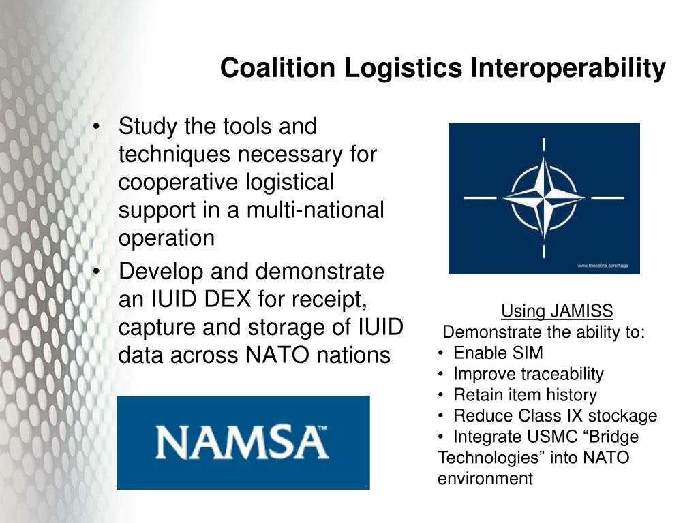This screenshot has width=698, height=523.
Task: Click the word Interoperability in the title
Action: click(567, 68)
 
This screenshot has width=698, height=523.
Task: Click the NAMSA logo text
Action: click(241, 442)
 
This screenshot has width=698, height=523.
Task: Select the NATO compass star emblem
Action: click(543, 197)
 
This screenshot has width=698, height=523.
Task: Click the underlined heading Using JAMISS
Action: click(557, 311)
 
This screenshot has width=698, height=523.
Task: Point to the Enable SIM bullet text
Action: click(498, 353)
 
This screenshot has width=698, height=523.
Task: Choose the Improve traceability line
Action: click(528, 374)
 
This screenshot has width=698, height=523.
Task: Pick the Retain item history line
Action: click(525, 395)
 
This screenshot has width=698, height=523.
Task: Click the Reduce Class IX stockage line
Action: click(555, 416)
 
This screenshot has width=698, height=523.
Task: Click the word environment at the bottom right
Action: click(485, 479)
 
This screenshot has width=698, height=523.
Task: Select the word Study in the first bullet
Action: click(148, 127)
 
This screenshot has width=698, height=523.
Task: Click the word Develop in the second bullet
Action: click(161, 272)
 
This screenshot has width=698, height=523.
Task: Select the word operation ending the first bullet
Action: click(166, 238)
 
